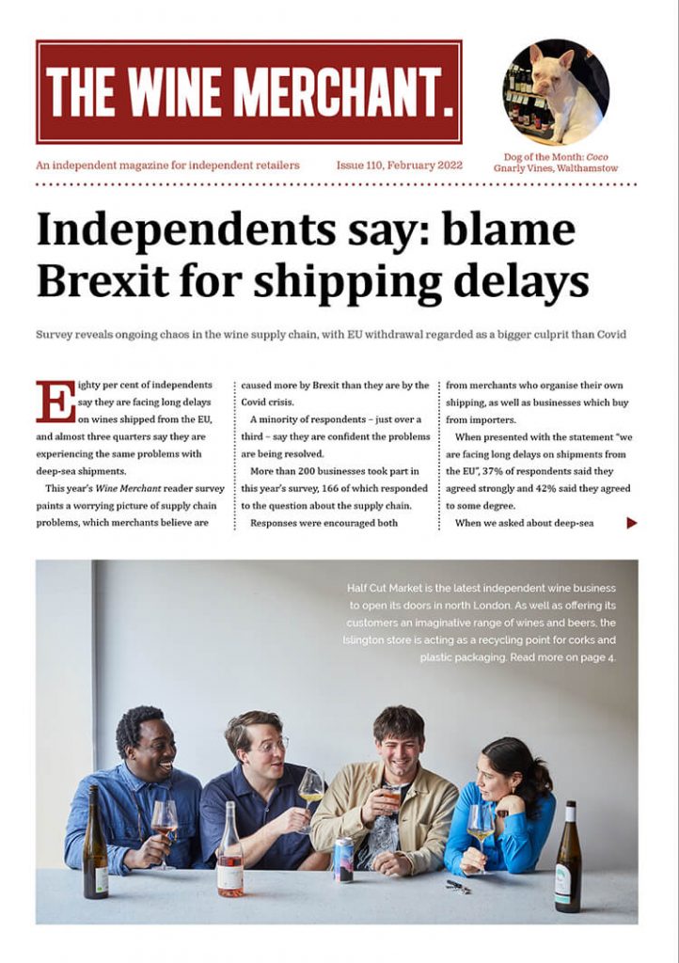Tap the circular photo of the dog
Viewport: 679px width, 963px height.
tap(555, 92)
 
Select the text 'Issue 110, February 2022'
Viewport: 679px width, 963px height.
tap(400, 166)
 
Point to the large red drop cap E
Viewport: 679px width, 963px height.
tap(55, 402)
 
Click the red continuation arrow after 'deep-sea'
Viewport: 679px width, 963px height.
tap(632, 523)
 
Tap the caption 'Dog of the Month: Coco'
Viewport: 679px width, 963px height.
tap(555, 156)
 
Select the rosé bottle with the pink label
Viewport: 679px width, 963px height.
tap(229, 857)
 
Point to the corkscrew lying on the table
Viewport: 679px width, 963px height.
tap(458, 886)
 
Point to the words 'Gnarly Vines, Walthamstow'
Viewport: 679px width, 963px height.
tap(555, 169)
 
